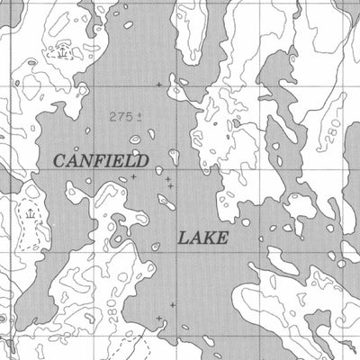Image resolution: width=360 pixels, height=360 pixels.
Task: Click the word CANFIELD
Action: pyautogui.click(x=100, y=161)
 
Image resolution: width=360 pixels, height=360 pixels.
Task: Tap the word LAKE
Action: pyautogui.click(x=202, y=238)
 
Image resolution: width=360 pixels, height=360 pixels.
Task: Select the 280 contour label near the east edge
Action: pyautogui.click(x=335, y=133)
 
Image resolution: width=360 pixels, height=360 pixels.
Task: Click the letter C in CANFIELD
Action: pyautogui.click(x=60, y=161)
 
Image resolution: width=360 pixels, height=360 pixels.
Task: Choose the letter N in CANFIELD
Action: pyautogui.click(x=87, y=161)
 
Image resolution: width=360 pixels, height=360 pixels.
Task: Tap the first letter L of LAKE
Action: pyautogui.click(x=183, y=238)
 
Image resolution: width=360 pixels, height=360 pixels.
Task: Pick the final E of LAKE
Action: pyautogui.click(x=222, y=238)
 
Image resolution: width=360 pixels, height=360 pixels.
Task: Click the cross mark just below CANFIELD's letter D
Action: pyautogui.click(x=133, y=177)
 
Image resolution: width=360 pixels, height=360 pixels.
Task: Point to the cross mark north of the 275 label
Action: pyautogui.click(x=159, y=85)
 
